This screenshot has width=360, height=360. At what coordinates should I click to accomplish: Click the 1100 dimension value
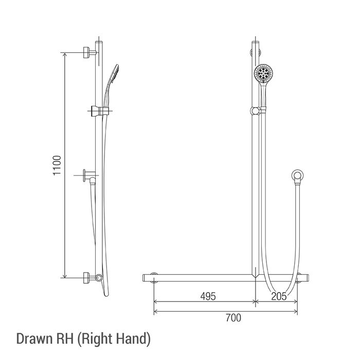tap(57, 166)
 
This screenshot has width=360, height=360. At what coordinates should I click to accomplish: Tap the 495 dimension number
tap(208, 296)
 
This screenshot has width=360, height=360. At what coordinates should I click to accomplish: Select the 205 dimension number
tap(279, 296)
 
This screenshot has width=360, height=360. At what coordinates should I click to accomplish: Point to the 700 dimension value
tap(233, 318)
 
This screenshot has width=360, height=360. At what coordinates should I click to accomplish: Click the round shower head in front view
tap(263, 73)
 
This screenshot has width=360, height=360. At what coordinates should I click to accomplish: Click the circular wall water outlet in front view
tap(298, 175)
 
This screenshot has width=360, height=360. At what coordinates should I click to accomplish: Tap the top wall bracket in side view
tap(89, 52)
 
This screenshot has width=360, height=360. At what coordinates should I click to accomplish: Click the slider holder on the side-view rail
tap(100, 111)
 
